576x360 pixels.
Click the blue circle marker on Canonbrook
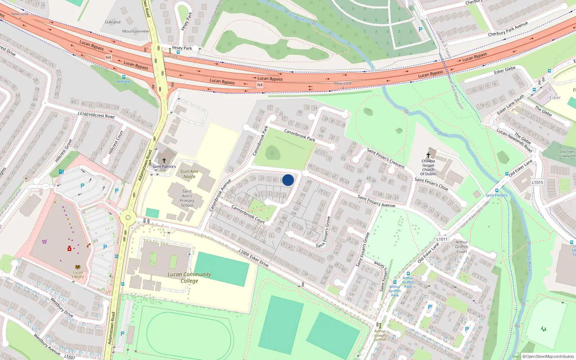point(288,180)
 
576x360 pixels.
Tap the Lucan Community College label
point(189,277)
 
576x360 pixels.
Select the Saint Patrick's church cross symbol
point(164,160)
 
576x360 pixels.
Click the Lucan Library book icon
point(78,267)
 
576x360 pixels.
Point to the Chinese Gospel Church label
point(428,167)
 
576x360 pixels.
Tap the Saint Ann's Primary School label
point(187,198)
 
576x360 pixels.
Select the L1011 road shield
point(442,239)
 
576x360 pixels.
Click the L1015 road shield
point(537,183)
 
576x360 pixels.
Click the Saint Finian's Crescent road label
point(386,158)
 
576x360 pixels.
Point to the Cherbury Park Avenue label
point(508,29)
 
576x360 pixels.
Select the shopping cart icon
point(44,242)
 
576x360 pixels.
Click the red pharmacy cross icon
point(69,248)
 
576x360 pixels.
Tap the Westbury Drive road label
point(62,307)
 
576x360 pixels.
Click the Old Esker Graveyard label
point(567,154)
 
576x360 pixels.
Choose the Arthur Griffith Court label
point(462,247)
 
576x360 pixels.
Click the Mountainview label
point(135,31)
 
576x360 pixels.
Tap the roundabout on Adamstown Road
point(128,217)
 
